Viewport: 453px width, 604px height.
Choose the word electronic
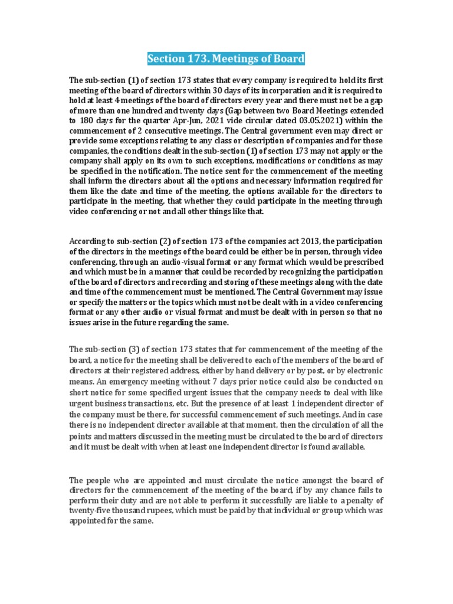click(x=361, y=370)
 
